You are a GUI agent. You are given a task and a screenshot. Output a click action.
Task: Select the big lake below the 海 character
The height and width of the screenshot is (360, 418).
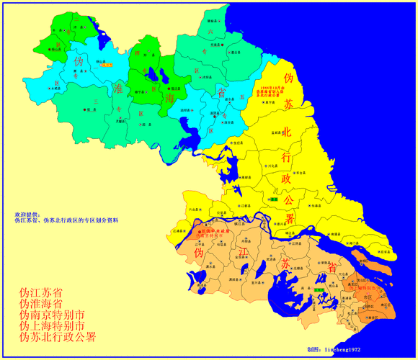point(189,133)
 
